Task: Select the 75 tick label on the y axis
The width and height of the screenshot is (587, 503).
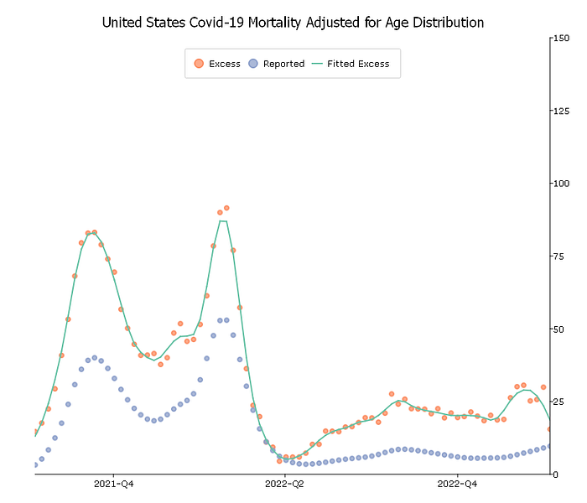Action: pos(558,256)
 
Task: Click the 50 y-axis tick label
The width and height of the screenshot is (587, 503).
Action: pos(558,329)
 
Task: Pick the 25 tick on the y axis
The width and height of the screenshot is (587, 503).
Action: pos(558,402)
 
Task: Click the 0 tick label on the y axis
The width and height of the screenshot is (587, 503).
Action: pos(556,474)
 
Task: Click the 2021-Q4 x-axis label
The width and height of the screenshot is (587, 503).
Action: pos(113,485)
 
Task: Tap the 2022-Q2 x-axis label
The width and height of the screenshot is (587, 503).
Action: pos(286,485)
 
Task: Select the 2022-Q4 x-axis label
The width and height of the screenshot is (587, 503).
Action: pos(459,485)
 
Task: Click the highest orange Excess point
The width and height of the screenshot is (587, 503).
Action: pos(226,207)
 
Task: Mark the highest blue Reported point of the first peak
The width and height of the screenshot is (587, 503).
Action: pos(94,358)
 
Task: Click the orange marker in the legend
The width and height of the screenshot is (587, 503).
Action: pos(199,64)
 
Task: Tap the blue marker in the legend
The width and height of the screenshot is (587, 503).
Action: pos(253,64)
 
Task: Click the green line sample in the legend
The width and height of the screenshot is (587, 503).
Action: pos(317,64)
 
